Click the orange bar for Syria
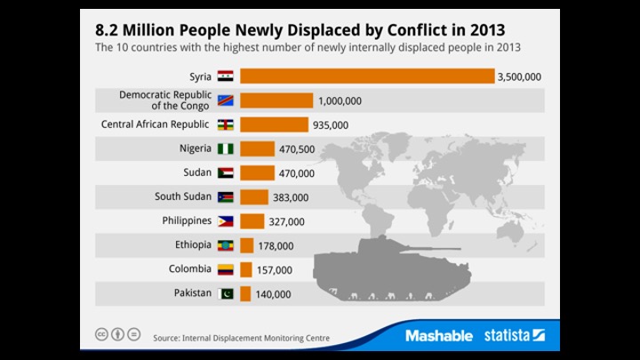(366, 76)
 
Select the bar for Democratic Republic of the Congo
(276, 100)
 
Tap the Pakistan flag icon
(225, 293)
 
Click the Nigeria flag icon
(225, 148)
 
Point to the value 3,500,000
(520, 76)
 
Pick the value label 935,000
(330, 124)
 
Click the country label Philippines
(186, 220)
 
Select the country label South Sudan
(182, 196)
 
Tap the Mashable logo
(438, 335)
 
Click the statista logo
(515, 335)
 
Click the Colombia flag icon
(225, 269)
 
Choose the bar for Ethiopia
(247, 245)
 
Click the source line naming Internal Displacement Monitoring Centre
(240, 338)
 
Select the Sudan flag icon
(225, 172)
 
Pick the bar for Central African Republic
(274, 124)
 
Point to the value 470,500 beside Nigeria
(296, 148)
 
